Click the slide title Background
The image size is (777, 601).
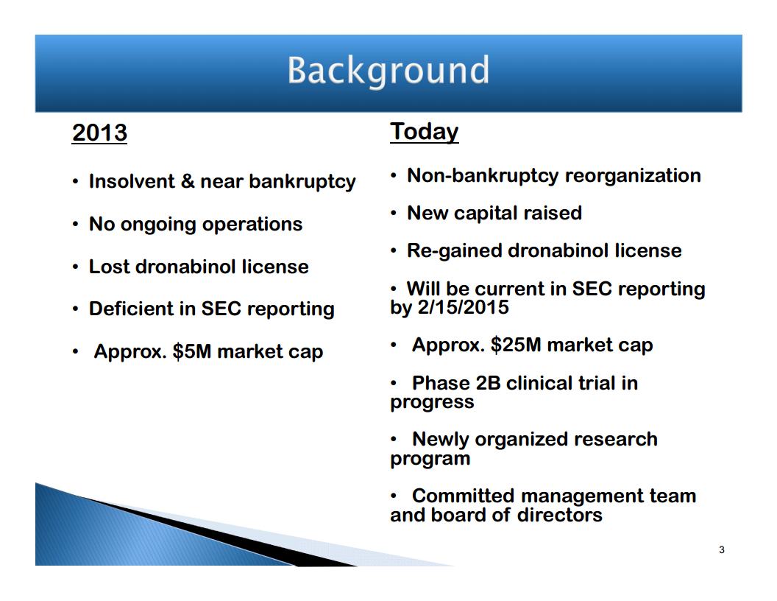[x=388, y=71]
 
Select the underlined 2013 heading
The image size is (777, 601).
[x=99, y=133]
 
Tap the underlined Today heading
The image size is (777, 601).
[x=424, y=133]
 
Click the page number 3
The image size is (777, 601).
[x=722, y=549]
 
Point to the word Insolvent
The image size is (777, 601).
[x=132, y=181]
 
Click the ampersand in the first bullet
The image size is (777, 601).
[x=188, y=181]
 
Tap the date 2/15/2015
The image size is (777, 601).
[x=464, y=307]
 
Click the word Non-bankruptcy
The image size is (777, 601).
[x=483, y=176]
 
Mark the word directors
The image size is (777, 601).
[x=559, y=515]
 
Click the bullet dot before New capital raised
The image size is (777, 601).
[x=394, y=214]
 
